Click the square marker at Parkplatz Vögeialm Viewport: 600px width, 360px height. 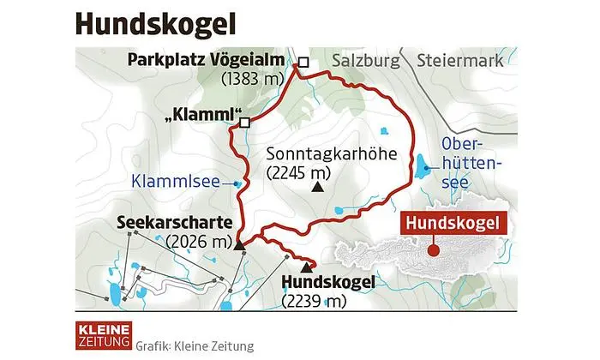302,62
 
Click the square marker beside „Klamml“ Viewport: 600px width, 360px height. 245,123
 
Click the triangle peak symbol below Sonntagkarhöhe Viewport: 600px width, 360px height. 318,186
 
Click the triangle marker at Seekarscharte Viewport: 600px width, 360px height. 239,246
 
